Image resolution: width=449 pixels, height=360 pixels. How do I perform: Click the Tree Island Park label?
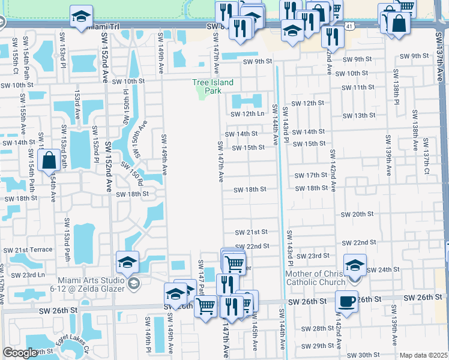212,86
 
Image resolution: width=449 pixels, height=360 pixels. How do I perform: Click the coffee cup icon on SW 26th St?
346,301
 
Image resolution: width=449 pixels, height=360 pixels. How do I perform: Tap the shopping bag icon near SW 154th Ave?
48,161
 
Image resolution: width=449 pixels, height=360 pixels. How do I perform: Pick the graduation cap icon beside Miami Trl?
81,17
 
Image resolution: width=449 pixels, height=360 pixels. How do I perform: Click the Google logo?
20,353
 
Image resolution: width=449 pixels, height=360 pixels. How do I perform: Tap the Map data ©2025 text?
423,355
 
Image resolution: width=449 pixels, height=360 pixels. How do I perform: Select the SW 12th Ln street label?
247,114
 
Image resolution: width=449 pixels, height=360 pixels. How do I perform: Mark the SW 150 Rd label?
131,173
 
